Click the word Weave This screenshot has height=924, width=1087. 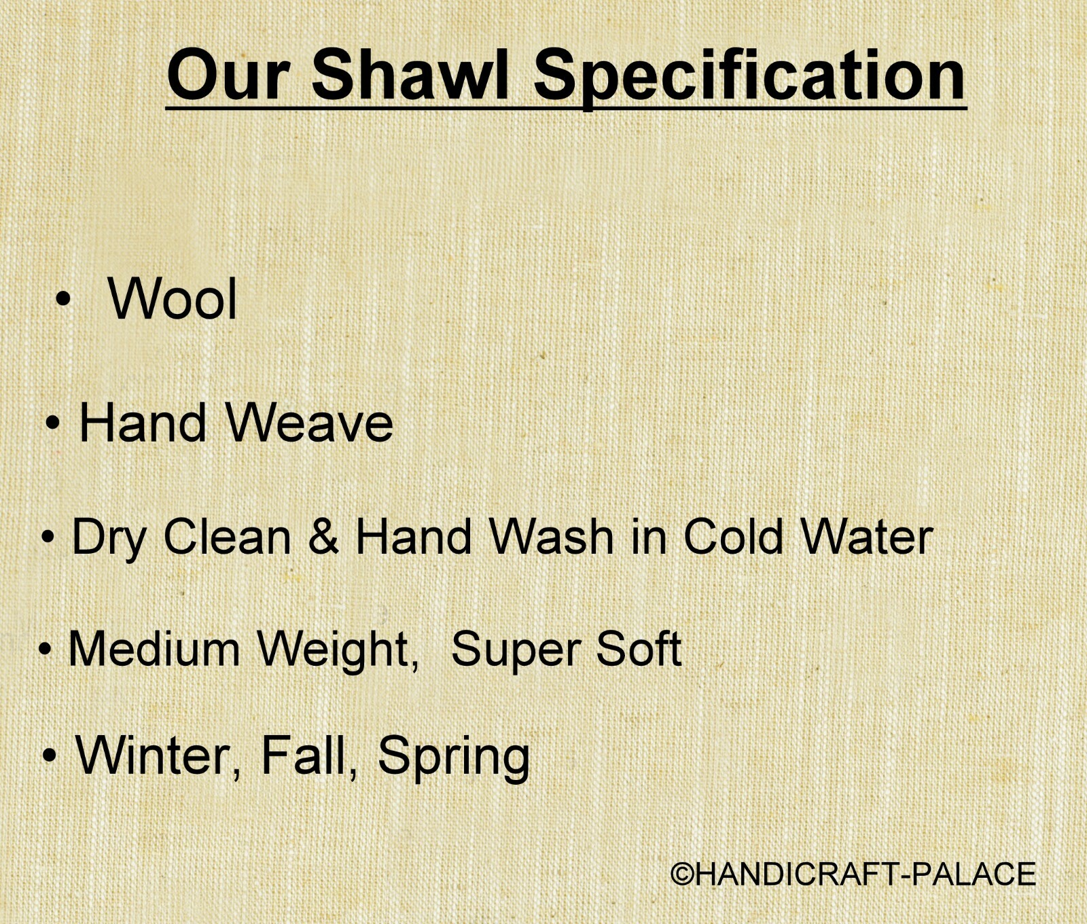pos(310,423)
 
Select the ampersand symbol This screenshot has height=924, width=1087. pos(323,536)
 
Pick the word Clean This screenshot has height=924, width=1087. pos(227,536)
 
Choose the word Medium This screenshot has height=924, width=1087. pos(154,648)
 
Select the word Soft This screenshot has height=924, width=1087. pos(639,648)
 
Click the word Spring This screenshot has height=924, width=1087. pos(454,758)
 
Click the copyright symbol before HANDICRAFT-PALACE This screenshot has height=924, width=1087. pos(683,874)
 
